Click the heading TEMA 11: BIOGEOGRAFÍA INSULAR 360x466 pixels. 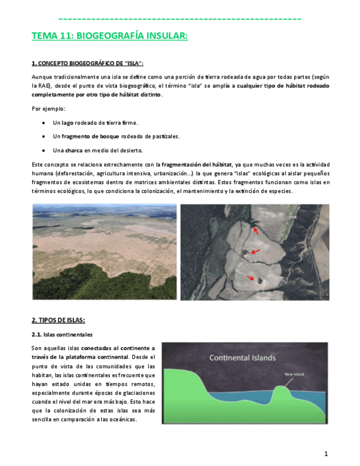[109, 36]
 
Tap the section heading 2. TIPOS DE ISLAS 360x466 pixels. [58, 320]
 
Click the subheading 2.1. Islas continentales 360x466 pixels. [62, 335]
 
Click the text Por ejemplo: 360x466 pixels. [48, 108]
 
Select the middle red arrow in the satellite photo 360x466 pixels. [254, 252]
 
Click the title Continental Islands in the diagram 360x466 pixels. [242, 358]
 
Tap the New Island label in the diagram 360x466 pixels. [293, 374]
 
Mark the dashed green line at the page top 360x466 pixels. [180, 19]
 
